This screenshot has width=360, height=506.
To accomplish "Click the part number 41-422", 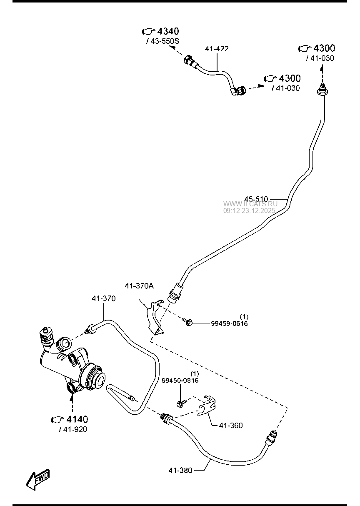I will pyautogui.click(x=217, y=49).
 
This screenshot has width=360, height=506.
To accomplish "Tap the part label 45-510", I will pyautogui.click(x=256, y=199).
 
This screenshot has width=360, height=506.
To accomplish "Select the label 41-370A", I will pyautogui.click(x=139, y=286).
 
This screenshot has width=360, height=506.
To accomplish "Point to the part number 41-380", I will pyautogui.click(x=180, y=471).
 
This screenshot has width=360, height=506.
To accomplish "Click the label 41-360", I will pyautogui.click(x=230, y=426).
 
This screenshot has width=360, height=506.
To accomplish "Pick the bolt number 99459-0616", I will pyautogui.click(x=229, y=323).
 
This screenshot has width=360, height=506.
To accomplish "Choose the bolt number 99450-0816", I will pyautogui.click(x=180, y=380).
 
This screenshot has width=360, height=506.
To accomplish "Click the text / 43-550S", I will pyautogui.click(x=162, y=41).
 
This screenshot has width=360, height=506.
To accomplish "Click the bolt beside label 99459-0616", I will pyautogui.click(x=187, y=321).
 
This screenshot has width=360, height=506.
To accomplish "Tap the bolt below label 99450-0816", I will pyautogui.click(x=181, y=403).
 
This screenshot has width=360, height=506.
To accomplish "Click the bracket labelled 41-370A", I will pyautogui.click(x=154, y=316).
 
